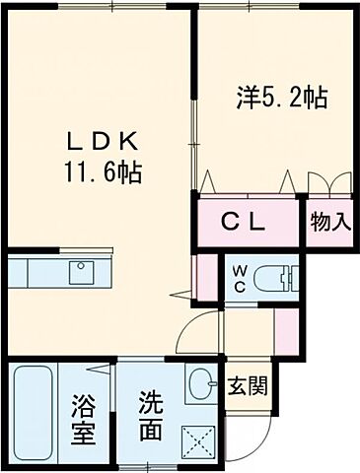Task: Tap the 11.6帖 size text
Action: pyautogui.click(x=103, y=173)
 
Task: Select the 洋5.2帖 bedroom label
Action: pyautogui.click(x=281, y=98)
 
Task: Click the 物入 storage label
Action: pyautogui.click(x=330, y=222)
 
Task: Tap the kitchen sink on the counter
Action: pyautogui.click(x=80, y=270)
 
